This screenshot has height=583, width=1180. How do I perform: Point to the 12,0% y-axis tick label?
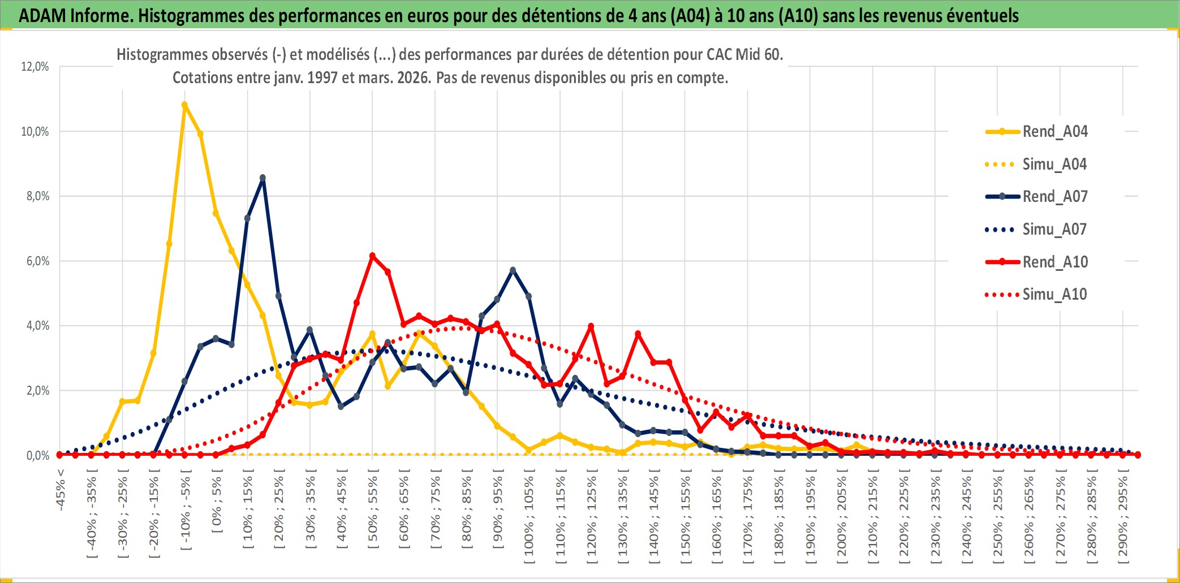pyautogui.click(x=35, y=67)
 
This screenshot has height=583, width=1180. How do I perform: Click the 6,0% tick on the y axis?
pyautogui.click(x=35, y=261)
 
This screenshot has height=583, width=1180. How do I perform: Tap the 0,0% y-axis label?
pyautogui.click(x=37, y=456)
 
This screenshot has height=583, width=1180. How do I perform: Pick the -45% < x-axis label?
pyautogui.click(x=61, y=490)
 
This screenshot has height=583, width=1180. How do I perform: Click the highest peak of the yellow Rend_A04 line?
pyautogui.click(x=184, y=105)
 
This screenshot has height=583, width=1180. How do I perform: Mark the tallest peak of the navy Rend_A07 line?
pyautogui.click(x=262, y=178)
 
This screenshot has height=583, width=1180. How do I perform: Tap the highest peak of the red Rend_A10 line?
pyautogui.click(x=372, y=256)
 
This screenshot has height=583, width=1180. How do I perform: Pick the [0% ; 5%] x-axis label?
pyautogui.click(x=217, y=505)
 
